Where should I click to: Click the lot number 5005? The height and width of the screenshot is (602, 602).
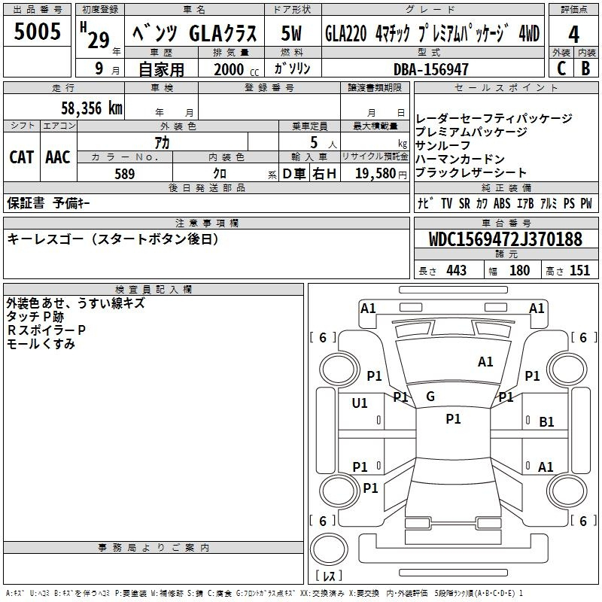pos(37,31)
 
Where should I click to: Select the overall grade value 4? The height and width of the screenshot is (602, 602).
pos(573,35)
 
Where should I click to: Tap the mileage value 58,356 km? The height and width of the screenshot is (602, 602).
pos(92,108)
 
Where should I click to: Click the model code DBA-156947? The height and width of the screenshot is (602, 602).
pos(431,69)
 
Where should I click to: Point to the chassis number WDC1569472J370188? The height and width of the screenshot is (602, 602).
pos(505,239)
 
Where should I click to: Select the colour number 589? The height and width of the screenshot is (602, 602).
pos(125,174)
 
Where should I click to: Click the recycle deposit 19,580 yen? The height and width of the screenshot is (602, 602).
pos(381,174)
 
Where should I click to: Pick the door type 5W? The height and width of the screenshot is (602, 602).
pos(291,33)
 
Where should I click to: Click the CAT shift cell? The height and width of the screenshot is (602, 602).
pos(22,157)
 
